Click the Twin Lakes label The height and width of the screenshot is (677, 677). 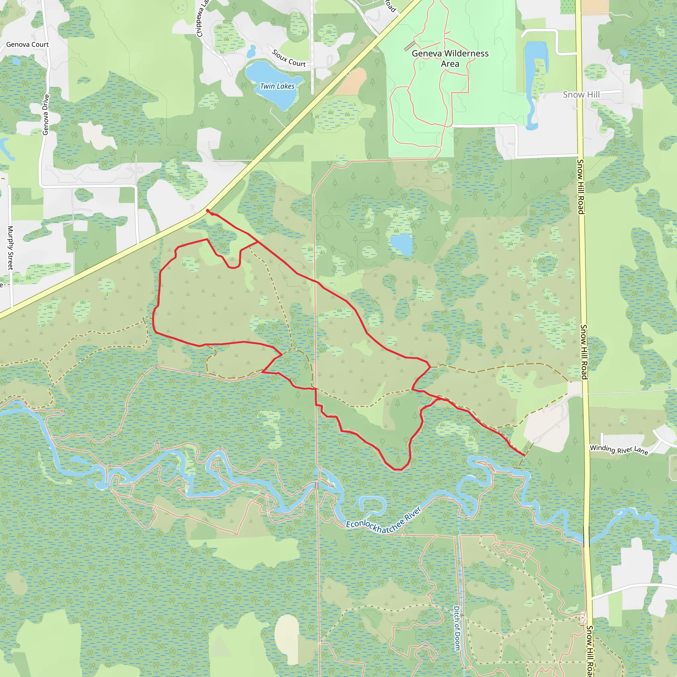277,86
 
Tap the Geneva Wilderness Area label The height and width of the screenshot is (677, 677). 450,59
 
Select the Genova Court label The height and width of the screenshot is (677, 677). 27,45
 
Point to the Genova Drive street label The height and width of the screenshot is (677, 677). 46,115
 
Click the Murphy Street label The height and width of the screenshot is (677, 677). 11,248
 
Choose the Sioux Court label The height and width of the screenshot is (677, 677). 289,59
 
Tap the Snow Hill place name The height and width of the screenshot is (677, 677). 581,95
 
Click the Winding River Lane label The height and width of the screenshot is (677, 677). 619,450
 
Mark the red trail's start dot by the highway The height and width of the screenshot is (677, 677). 208,211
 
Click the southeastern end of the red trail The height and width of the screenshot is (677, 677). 524,456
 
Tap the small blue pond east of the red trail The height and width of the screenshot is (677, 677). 401,244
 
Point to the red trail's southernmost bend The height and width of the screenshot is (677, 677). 398,469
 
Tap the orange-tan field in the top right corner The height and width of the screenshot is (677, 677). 592,6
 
